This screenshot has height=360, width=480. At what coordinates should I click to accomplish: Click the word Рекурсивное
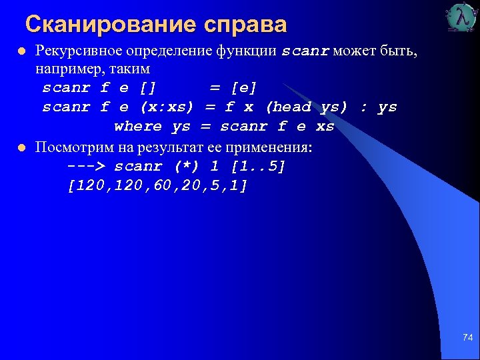(x=77, y=51)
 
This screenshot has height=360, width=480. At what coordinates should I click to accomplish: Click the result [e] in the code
(x=243, y=88)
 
